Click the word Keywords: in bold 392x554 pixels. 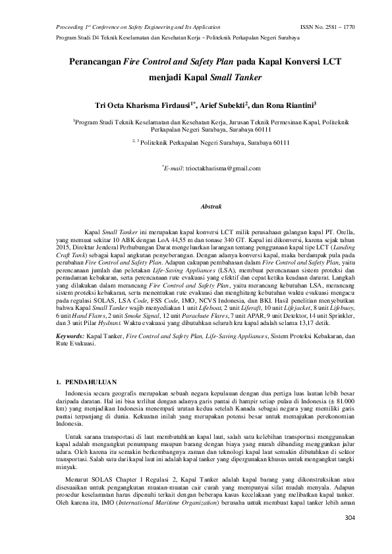tap(70, 336)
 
